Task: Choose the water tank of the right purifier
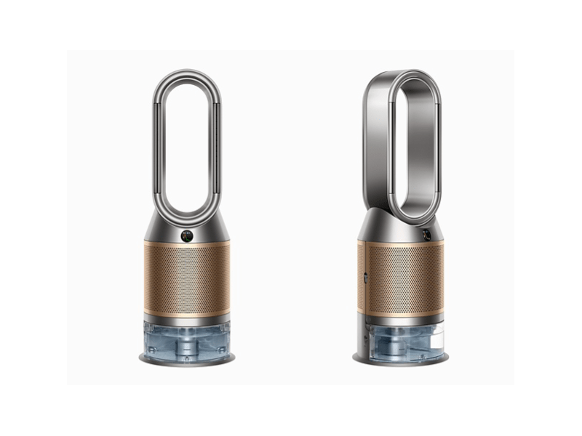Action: coord(404,339)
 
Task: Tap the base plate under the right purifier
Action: coord(396,361)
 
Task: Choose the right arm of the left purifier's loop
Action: coord(218,145)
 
